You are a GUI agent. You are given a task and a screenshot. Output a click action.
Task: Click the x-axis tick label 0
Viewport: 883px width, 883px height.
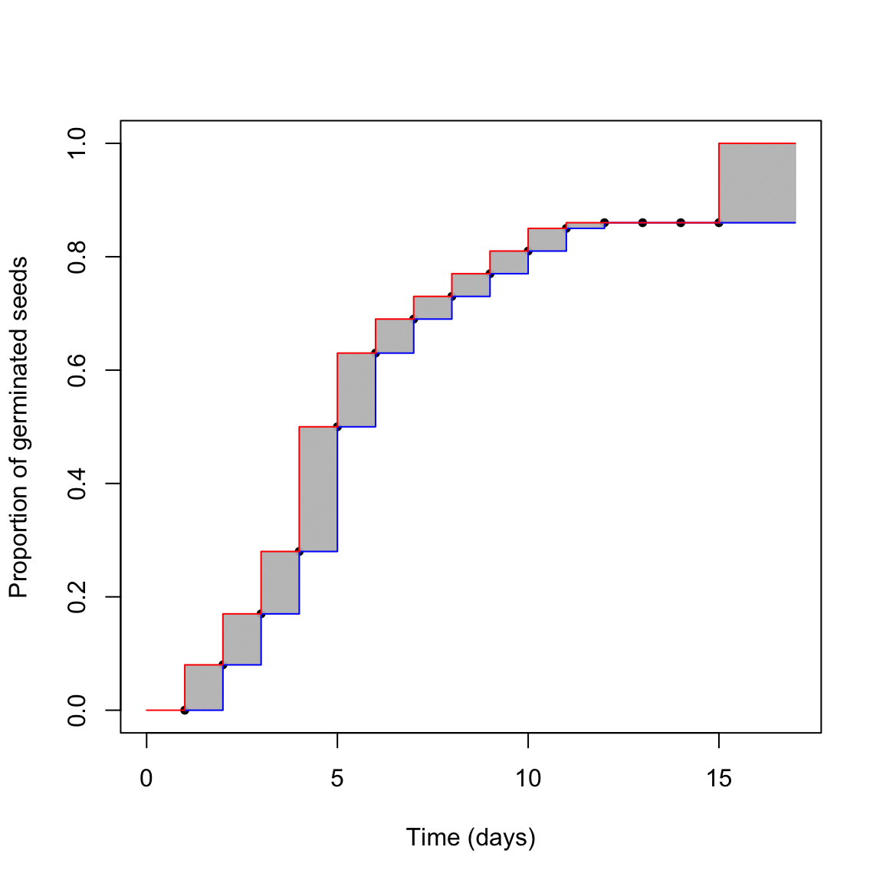(x=146, y=780)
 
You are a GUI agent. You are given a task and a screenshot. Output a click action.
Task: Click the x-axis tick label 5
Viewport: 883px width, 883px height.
(x=337, y=780)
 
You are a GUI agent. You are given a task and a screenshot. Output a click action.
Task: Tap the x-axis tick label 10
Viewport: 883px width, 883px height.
(x=528, y=780)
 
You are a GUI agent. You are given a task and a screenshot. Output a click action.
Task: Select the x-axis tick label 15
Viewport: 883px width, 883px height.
(x=719, y=780)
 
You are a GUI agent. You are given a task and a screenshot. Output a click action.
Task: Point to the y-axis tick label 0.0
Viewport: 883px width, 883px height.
(x=77, y=710)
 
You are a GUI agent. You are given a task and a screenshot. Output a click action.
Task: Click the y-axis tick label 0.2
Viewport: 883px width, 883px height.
(x=77, y=596)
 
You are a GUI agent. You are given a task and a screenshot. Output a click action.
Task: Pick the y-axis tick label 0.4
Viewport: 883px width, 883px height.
(x=77, y=484)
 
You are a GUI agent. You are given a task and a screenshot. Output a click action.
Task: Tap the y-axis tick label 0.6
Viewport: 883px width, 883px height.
(x=77, y=370)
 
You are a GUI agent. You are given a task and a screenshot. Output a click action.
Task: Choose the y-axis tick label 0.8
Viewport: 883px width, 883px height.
(x=77, y=257)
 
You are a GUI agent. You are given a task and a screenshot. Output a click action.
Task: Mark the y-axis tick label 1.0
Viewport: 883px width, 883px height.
(x=77, y=143)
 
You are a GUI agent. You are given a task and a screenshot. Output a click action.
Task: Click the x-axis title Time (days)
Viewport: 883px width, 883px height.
(x=471, y=837)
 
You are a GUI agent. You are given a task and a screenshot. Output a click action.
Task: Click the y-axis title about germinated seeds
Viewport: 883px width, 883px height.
(x=18, y=427)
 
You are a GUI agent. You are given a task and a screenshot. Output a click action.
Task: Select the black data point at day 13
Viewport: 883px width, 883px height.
(x=642, y=222)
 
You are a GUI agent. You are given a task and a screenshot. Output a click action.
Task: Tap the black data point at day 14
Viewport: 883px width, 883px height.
(x=681, y=222)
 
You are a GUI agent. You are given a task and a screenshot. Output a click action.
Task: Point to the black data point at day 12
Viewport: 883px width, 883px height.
(x=605, y=222)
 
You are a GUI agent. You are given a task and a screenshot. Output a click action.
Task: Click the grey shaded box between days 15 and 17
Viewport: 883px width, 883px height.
(x=757, y=183)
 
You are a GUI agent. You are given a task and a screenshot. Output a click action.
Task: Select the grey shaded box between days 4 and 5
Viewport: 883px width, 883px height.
(x=318, y=488)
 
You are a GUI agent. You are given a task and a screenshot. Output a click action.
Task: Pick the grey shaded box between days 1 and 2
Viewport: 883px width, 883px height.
(x=204, y=688)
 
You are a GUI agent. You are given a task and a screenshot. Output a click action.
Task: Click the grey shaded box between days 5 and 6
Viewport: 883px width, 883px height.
(x=356, y=389)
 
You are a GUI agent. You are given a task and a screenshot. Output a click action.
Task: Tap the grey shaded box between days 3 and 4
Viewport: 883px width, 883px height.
(x=280, y=583)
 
